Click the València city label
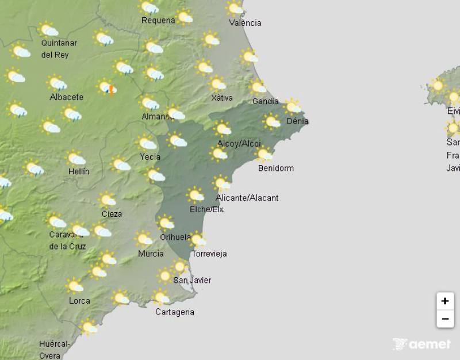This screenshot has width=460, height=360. click(245, 23)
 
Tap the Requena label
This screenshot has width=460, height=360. click(158, 21)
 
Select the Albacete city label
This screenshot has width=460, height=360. click(66, 97)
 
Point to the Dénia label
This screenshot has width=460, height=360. click(297, 121)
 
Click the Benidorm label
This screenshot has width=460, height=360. click(276, 168)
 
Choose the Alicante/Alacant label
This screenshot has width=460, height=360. click(247, 198)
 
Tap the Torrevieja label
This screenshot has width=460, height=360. click(209, 254)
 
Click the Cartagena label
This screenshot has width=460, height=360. click(175, 312)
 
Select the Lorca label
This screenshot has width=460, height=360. click(79, 301)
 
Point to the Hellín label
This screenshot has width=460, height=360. click(78, 171)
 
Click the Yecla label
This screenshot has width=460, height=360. click(150, 156)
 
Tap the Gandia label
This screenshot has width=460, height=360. click(266, 102)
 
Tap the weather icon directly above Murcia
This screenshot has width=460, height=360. click(144, 239)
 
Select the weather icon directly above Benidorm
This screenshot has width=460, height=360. click(264, 154)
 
